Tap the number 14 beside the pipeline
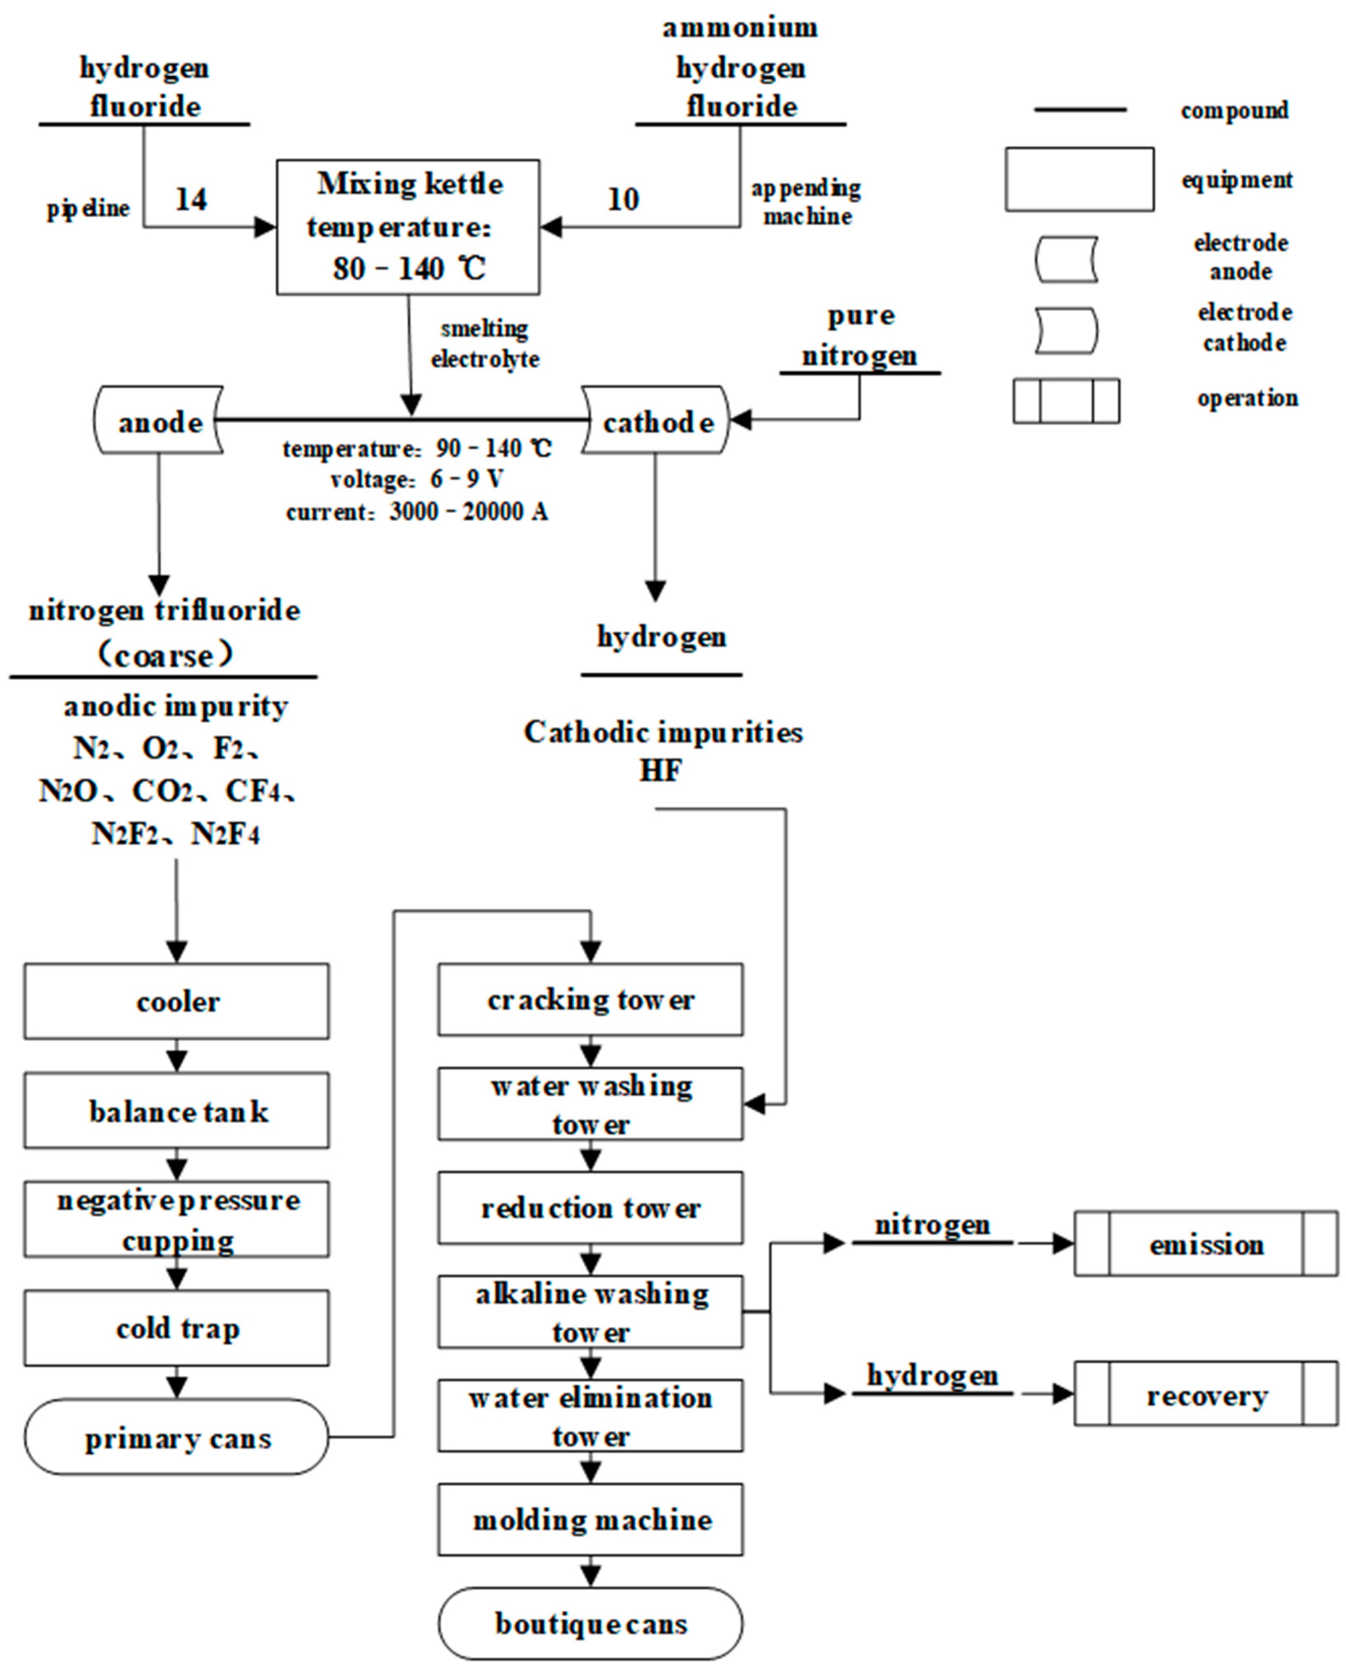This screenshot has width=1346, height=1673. pos(191,199)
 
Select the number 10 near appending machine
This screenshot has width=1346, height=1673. pos(623,199)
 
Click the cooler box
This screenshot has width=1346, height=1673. pos(177,1001)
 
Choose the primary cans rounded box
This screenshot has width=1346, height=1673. pos(177,1438)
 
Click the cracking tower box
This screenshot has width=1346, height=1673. pos(590,999)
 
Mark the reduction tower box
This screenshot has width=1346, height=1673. pos(590,1207)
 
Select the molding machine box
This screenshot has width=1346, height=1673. pos(590,1519)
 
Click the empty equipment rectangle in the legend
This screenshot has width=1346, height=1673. pos(1079,179)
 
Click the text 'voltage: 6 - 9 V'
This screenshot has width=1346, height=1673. pos(416,480)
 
